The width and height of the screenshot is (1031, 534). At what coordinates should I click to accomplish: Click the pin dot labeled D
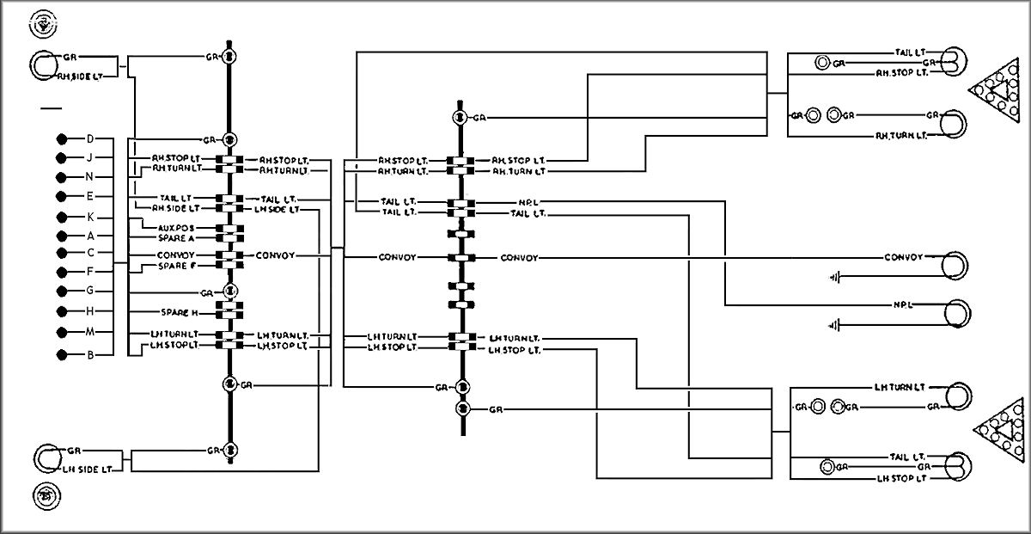click(61, 138)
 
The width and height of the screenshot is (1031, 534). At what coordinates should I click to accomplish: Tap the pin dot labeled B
click(61, 354)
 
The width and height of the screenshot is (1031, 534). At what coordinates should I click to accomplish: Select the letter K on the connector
click(89, 216)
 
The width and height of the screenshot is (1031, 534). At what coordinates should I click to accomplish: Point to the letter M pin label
click(89, 332)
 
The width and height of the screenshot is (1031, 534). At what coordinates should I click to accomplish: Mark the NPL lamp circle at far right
click(955, 313)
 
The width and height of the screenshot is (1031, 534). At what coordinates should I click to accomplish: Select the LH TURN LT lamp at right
click(956, 396)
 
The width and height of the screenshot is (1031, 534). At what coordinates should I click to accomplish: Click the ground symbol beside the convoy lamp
click(833, 277)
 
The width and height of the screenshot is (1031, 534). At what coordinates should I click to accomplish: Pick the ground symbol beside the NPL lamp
click(833, 325)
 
